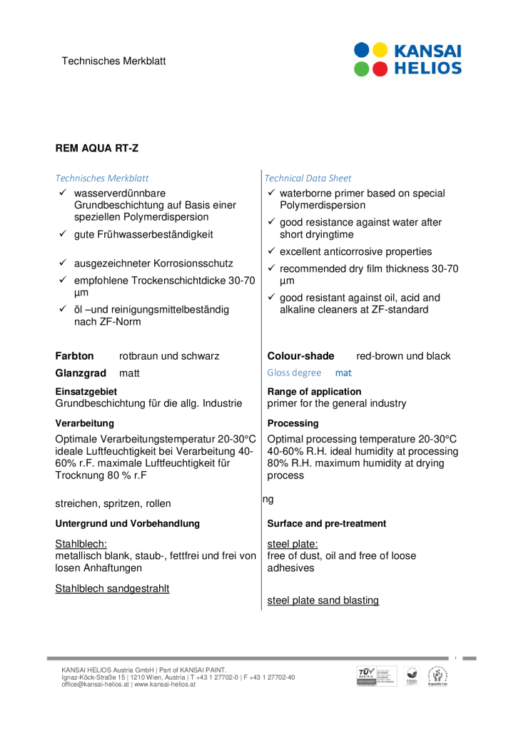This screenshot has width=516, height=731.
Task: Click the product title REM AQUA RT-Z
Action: [97, 148]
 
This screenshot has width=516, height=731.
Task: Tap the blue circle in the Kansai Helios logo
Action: [362, 51]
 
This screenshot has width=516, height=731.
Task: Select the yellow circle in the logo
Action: [380, 51]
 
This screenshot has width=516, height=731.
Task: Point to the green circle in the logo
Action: [362, 69]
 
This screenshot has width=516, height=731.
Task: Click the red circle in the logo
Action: [380, 69]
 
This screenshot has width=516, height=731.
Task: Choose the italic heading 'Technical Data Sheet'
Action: [308, 178]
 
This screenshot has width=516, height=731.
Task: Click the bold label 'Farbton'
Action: [75, 356]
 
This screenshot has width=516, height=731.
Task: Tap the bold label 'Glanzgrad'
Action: [81, 373]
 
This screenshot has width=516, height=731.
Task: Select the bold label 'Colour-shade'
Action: [300, 356]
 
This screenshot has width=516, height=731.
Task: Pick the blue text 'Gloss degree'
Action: [294, 373]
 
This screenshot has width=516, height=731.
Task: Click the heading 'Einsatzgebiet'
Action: [86, 391]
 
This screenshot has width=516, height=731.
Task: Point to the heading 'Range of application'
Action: [314, 391]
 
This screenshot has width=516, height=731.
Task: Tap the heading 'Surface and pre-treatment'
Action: [327, 524]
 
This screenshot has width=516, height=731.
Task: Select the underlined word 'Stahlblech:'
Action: [81, 544]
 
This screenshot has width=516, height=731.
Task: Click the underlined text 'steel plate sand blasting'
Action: [323, 600]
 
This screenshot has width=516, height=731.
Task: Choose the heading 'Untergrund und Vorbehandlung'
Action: [128, 524]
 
